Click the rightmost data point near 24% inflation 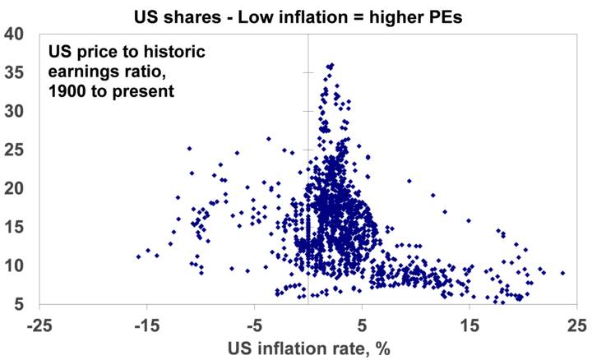pos(562,273)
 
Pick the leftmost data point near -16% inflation pos(138,256)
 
